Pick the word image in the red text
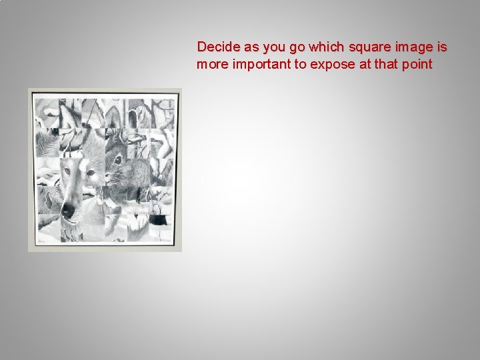[x=409, y=48]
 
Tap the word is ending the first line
[x=441, y=48]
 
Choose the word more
[x=211, y=65]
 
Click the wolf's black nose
[x=67, y=210]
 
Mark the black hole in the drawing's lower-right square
[x=159, y=217]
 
